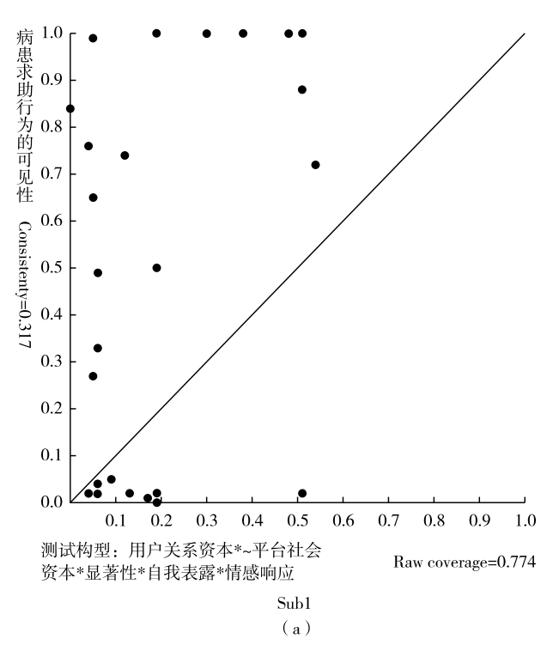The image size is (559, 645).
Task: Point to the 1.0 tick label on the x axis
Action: tap(525, 520)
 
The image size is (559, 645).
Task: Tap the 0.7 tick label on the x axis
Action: tap(388, 520)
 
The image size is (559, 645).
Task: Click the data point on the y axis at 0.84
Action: tap(70, 109)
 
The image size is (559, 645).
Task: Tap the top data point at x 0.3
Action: tap(207, 33)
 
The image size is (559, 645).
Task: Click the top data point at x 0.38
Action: tap(243, 33)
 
